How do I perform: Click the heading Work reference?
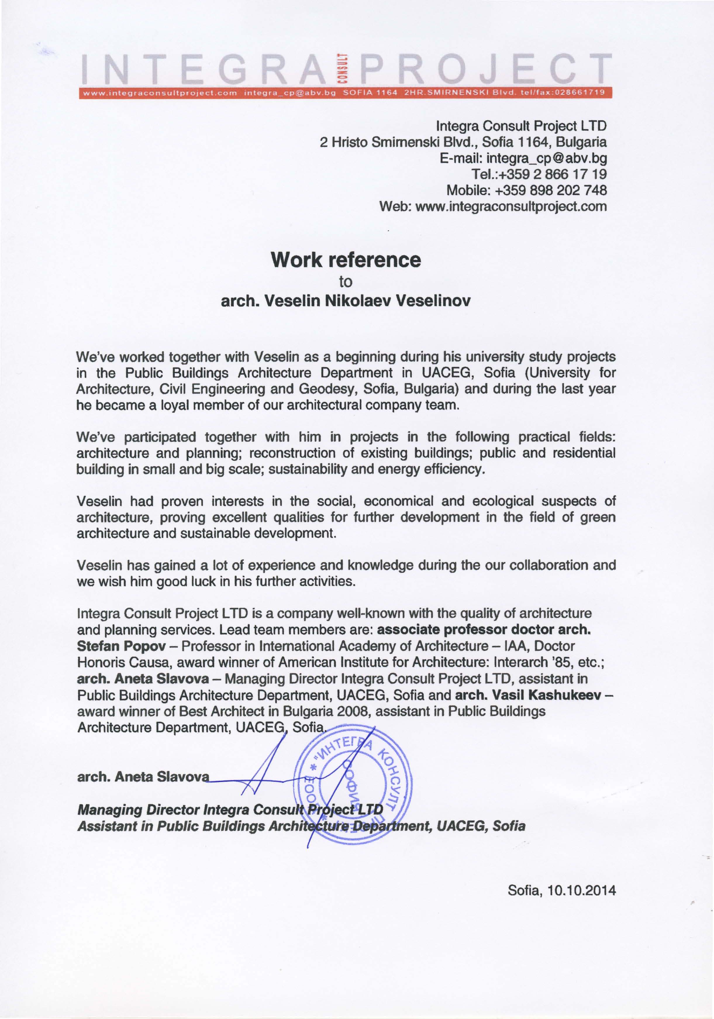[345, 260]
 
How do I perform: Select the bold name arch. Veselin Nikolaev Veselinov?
[345, 301]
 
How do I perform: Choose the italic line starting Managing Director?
[230, 810]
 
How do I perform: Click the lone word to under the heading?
[345, 282]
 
